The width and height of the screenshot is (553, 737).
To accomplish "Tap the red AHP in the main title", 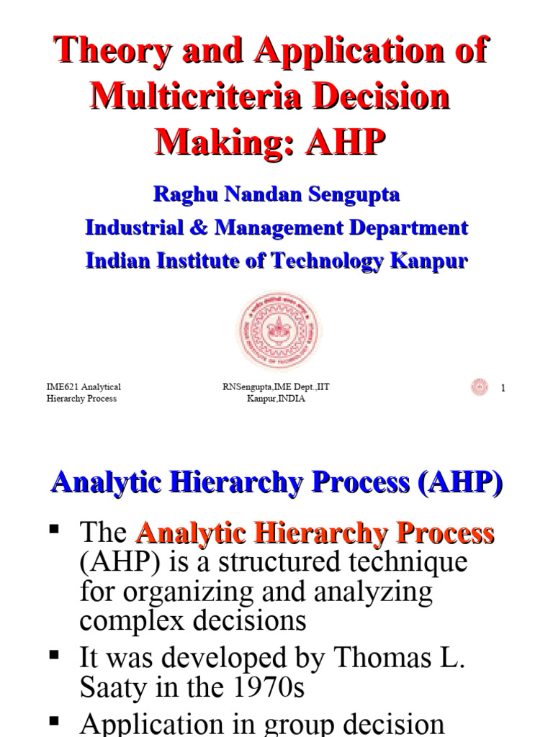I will [342, 141].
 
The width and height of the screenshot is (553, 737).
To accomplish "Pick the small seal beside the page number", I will [480, 387].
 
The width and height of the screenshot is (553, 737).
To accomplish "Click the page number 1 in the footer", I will [503, 389].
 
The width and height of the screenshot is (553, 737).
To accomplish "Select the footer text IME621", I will [61, 387].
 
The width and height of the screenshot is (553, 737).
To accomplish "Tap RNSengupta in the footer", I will [251, 387].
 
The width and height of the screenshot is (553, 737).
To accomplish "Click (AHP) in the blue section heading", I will [458, 482].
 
